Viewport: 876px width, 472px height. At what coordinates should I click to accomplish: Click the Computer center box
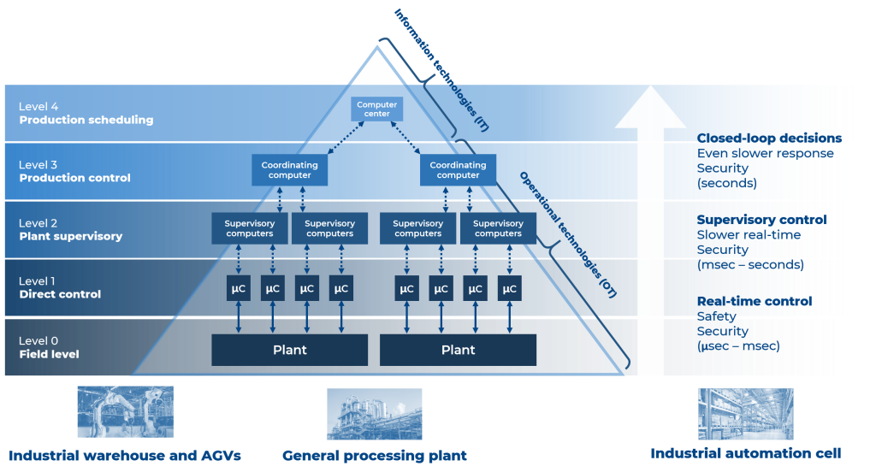click(376, 109)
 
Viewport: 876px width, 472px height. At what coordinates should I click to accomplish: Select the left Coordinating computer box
click(290, 170)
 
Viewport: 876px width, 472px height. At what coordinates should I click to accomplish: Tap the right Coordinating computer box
click(458, 170)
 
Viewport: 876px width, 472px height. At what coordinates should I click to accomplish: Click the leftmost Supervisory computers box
click(249, 228)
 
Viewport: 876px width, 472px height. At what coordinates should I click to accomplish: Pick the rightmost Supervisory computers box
click(498, 228)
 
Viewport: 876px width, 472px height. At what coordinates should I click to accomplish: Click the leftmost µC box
click(238, 288)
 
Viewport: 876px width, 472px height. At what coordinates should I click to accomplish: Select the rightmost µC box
click(510, 288)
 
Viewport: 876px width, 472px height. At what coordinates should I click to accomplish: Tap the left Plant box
click(289, 350)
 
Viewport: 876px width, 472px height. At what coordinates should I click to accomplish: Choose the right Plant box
click(458, 350)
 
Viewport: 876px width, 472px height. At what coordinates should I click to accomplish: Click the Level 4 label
click(39, 107)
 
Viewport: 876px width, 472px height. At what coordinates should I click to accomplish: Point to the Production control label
click(75, 178)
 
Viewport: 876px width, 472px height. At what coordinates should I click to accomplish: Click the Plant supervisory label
click(71, 236)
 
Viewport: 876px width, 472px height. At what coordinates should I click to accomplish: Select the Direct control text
click(60, 294)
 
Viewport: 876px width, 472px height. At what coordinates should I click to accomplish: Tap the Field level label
click(49, 353)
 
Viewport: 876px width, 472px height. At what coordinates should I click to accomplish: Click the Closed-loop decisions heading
click(769, 139)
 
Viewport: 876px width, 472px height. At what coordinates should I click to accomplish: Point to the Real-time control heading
click(755, 301)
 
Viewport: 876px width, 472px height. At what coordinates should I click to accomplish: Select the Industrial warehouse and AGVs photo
click(125, 411)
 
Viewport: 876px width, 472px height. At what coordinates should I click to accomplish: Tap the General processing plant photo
click(375, 414)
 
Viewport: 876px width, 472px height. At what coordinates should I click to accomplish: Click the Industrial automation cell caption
click(745, 452)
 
